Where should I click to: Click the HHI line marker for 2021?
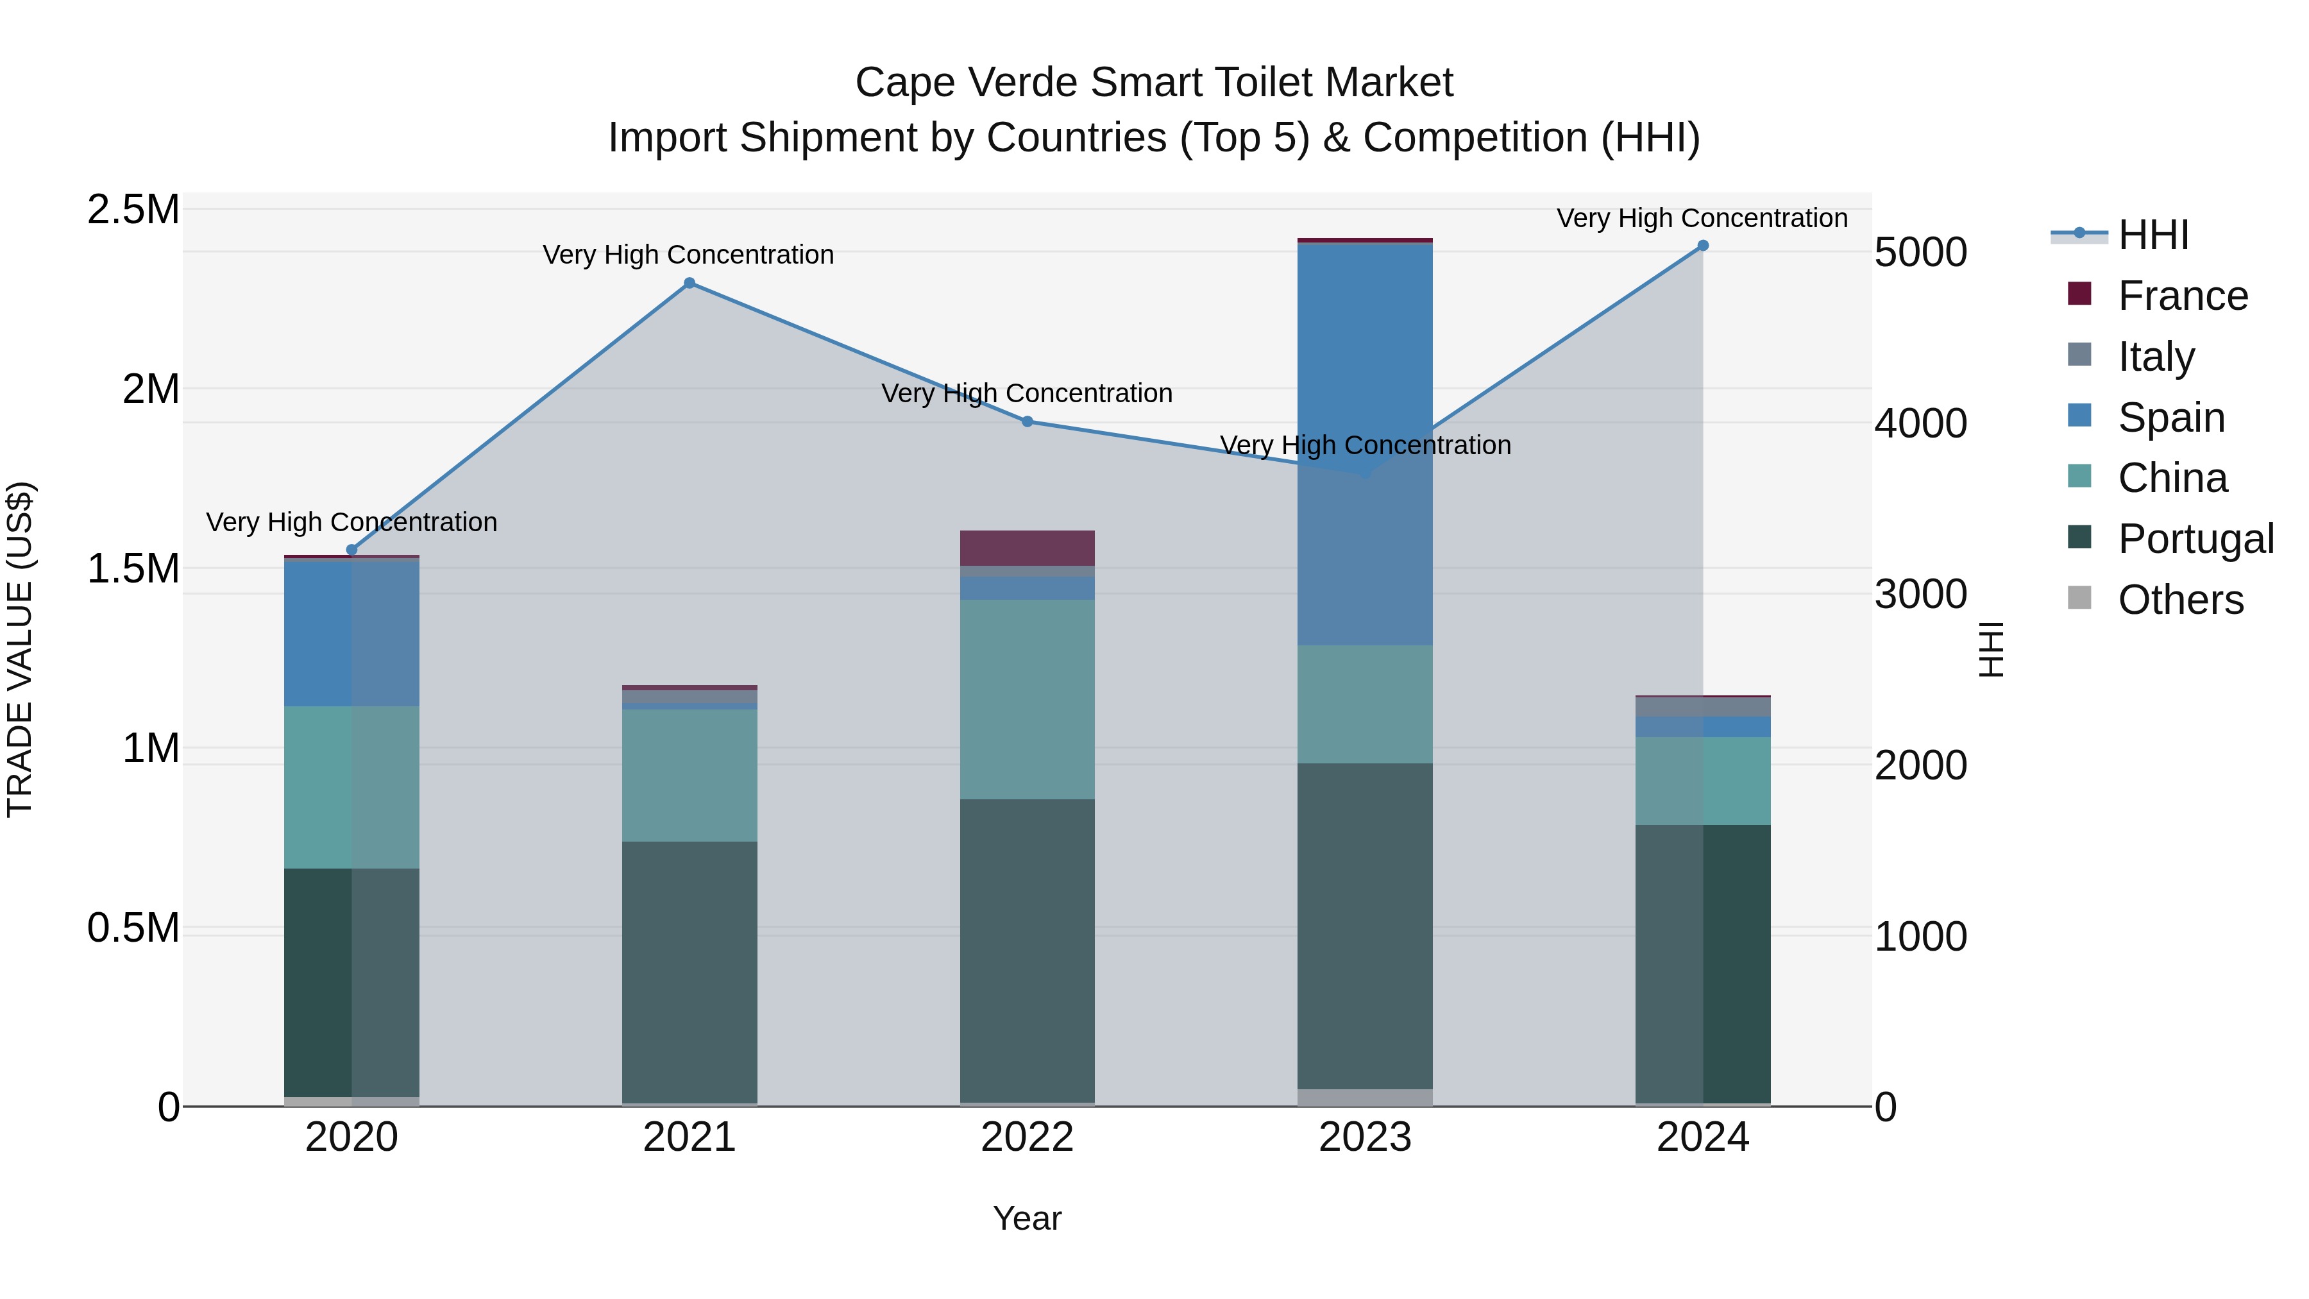[689, 284]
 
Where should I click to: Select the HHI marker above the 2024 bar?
[1703, 246]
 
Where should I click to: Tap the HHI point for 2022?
[1028, 421]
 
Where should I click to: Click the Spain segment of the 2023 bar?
[1365, 444]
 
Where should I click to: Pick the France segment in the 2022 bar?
[1028, 548]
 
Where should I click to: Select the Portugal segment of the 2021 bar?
[689, 972]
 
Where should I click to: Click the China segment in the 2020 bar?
[351, 787]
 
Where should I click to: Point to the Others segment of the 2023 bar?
[1365, 1098]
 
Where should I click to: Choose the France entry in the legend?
[2183, 296]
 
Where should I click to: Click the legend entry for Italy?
[2156, 357]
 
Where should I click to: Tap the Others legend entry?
[2180, 600]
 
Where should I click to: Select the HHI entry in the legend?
[2153, 235]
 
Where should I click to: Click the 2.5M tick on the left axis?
[133, 210]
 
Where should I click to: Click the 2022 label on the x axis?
[1028, 1137]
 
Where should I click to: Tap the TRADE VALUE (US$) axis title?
[20, 649]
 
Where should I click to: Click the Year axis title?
[1028, 1218]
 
